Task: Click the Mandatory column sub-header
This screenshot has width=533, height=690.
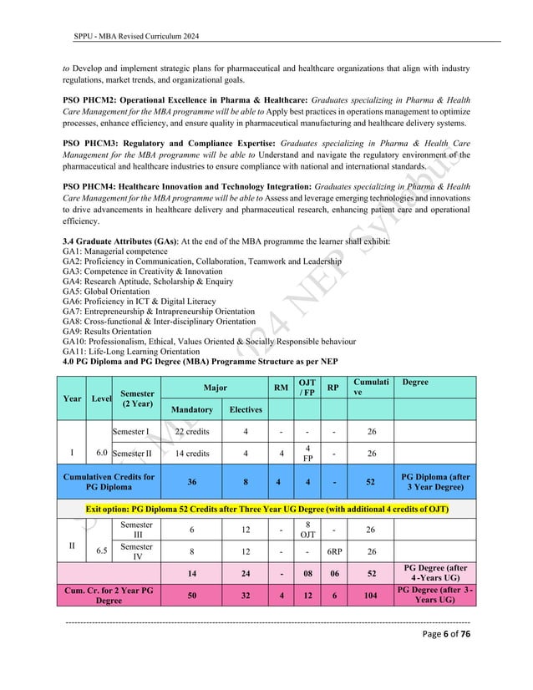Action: [191, 409]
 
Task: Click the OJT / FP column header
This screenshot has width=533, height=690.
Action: [308, 387]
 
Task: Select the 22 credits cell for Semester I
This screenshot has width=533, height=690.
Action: [191, 432]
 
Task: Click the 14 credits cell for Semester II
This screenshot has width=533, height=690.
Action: [191, 454]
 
